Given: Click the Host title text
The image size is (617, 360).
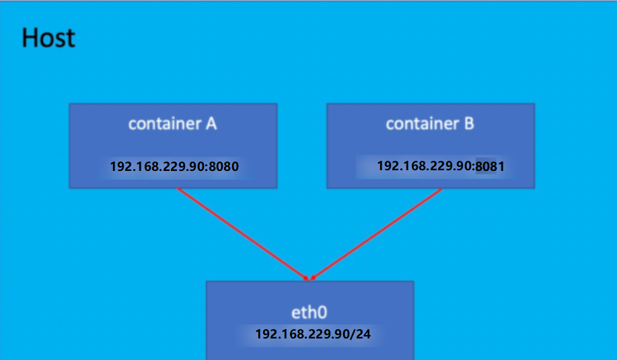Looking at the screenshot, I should tap(48, 38).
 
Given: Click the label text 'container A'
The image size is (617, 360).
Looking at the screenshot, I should tap(173, 124).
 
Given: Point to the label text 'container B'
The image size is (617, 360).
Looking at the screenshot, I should tap(430, 124).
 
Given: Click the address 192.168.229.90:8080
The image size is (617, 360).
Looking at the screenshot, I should tap(174, 166).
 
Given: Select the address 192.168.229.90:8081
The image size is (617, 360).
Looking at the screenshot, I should tap(441, 166).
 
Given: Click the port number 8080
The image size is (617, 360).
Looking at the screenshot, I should tap(225, 166).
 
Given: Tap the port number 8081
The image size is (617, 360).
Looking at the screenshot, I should tap(491, 166).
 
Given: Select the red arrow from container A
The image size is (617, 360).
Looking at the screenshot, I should tap(242, 233).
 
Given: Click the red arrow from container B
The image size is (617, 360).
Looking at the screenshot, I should tap(377, 233).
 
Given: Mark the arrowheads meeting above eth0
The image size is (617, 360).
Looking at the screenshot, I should tap(310, 278).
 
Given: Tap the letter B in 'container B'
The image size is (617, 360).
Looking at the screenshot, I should tap(468, 124).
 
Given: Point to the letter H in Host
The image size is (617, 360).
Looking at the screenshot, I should tap(30, 38).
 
